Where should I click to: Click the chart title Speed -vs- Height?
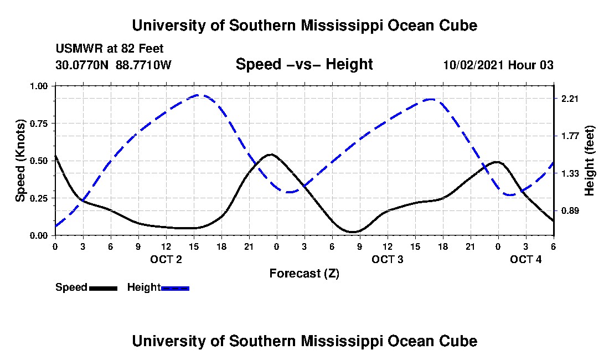point(304,64)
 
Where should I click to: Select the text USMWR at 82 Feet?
point(110,49)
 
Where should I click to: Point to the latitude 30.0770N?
point(83,65)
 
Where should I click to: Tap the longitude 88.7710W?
point(144,65)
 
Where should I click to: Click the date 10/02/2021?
point(473,65)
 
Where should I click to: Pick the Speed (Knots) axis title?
point(20,160)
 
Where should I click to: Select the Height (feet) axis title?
point(589,161)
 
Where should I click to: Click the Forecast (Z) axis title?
point(304,273)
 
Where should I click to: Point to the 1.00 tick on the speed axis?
point(40,86)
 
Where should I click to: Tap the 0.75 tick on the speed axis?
point(40,123)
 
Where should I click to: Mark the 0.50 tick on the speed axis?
point(40,161)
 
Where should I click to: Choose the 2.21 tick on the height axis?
point(570,99)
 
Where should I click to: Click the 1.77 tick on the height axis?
point(570,136)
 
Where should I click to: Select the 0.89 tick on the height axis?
point(570,210)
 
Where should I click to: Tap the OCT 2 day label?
point(166,259)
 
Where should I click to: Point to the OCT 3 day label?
point(388,259)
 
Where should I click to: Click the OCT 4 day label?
point(526,259)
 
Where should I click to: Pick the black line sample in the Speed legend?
point(103,288)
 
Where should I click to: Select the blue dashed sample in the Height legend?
point(175,288)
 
